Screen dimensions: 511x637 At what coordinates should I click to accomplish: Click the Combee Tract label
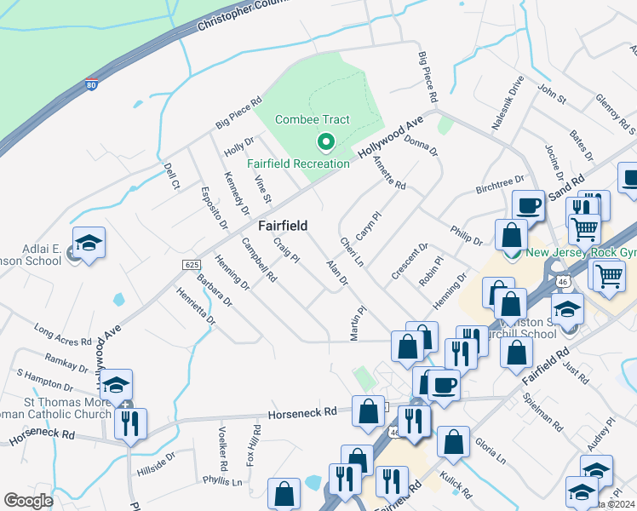[313, 119]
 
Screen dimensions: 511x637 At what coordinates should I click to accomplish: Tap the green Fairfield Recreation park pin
[324, 142]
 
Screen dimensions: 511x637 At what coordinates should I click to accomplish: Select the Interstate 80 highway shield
[91, 83]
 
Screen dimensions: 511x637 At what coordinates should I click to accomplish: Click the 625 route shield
[191, 266]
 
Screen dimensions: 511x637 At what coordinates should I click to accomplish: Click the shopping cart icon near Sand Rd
[583, 227]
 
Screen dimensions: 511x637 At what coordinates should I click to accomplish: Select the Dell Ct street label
[171, 175]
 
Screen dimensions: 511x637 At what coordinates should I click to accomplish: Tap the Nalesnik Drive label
[506, 103]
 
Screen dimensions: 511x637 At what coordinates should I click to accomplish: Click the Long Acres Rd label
[62, 335]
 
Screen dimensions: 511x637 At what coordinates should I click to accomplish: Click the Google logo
[29, 501]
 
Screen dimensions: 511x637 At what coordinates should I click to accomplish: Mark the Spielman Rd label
[544, 413]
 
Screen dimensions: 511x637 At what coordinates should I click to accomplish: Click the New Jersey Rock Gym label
[582, 252]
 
